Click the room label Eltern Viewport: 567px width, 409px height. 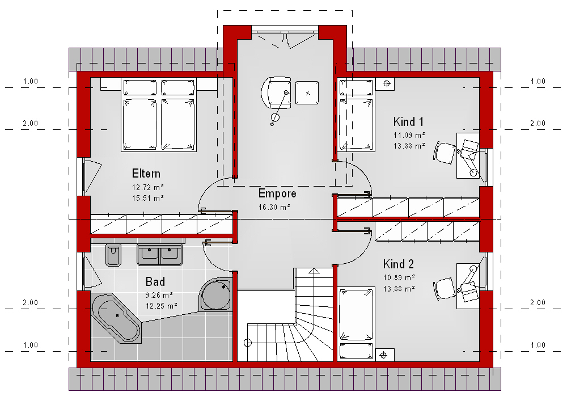[x=146, y=174]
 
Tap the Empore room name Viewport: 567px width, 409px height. [x=277, y=193]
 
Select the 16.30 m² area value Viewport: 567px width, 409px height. [x=274, y=207]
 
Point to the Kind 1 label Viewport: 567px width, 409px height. [x=408, y=121]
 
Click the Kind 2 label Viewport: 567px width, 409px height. [x=399, y=264]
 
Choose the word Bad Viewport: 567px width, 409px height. [x=155, y=281]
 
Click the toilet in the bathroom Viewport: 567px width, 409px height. [x=113, y=255]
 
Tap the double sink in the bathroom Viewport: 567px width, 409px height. [x=159, y=255]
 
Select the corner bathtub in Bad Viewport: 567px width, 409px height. [x=116, y=318]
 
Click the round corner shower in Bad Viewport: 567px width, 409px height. [x=215, y=295]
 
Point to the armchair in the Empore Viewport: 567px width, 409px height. [x=276, y=92]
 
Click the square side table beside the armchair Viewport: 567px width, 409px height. [x=307, y=93]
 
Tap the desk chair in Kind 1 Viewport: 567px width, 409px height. [x=445, y=153]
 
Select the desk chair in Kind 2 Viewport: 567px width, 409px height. [x=445, y=289]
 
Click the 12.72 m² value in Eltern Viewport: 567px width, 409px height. [x=148, y=187]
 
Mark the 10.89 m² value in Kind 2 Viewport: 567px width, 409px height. [x=399, y=278]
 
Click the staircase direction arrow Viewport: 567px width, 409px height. [x=314, y=271]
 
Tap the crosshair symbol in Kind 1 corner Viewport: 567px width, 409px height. [x=386, y=84]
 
